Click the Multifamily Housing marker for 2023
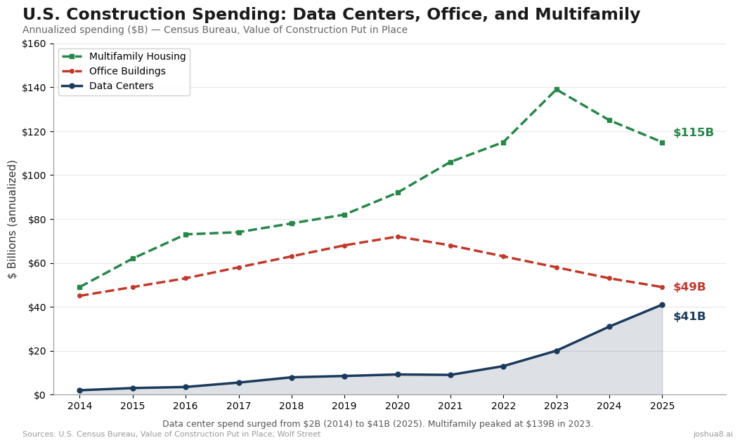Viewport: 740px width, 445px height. coord(557,90)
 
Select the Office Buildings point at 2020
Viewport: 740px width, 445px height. coord(398,237)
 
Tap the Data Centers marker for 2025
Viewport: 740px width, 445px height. coord(662,305)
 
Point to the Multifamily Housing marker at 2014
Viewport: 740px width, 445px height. coord(79,287)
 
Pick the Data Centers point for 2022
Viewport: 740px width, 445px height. coord(503,366)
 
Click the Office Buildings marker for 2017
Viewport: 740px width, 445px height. coord(239,267)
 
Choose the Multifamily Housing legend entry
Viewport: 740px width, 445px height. coord(137,57)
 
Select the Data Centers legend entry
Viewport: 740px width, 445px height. coord(121,86)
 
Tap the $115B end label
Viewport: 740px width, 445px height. coord(693,133)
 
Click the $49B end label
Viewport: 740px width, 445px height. coord(689,287)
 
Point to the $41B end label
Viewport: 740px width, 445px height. coord(689,317)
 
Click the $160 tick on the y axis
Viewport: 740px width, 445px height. coord(34,44)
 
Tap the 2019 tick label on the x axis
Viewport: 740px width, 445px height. coord(344,406)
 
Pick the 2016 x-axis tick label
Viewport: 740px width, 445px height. coord(186,406)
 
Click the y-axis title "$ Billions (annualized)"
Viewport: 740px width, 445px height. coord(13,219)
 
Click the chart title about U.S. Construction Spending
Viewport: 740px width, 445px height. coord(331,15)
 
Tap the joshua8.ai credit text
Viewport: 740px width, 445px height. coord(713,434)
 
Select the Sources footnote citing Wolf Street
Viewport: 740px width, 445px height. coord(171,434)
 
